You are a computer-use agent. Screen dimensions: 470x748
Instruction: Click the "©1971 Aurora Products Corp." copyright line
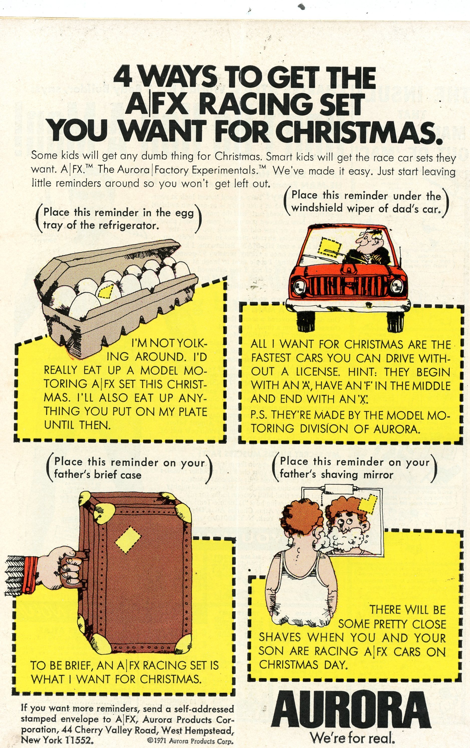tap(190, 740)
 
